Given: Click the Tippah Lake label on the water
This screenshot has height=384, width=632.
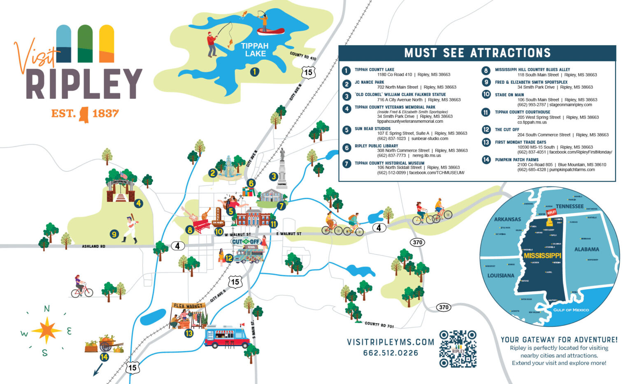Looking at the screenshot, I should tap(255, 49).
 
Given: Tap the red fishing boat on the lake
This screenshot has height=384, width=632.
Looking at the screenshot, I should tap(270, 31).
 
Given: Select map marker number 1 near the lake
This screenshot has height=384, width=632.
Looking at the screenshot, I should tap(255, 72).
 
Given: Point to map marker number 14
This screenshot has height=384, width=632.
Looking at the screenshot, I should tap(104, 357).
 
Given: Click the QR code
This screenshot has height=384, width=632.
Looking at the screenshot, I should tap(458, 349).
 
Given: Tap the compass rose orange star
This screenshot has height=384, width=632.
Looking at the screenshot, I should tap(46, 330).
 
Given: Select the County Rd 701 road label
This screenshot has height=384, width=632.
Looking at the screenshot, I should tap(379, 325).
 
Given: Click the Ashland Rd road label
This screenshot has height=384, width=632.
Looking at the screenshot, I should tap(93, 246).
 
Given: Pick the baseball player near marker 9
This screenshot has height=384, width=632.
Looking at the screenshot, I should tap(130, 229).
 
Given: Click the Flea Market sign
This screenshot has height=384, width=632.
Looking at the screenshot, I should tap(188, 306).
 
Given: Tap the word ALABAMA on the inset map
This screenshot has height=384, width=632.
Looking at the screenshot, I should tap(586, 249).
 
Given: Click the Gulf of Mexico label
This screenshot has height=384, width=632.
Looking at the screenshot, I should tap(571, 310).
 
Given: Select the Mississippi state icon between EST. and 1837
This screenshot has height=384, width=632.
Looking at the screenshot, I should tap(84, 114).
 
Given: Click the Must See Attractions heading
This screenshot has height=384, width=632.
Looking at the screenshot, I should tap(477, 53).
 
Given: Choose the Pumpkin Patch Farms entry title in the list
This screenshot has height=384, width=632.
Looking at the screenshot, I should tap(516, 159).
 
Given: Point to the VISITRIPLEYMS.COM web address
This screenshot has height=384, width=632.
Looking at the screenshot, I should tap(390, 342).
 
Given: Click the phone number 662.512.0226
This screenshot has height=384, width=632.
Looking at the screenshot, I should tap(390, 353).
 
